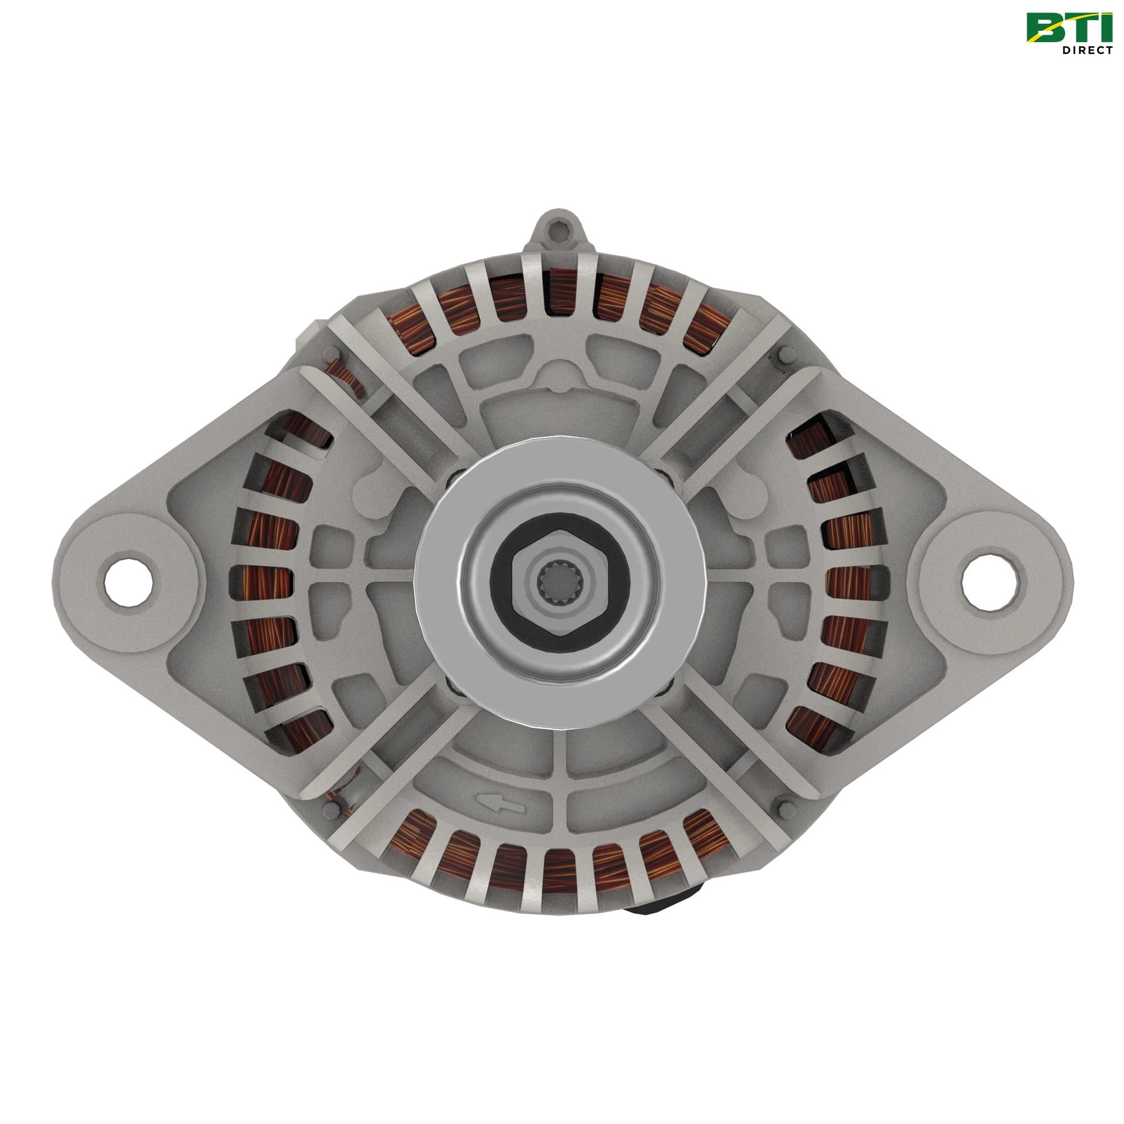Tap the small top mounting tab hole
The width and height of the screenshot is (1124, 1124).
[x=560, y=233]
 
